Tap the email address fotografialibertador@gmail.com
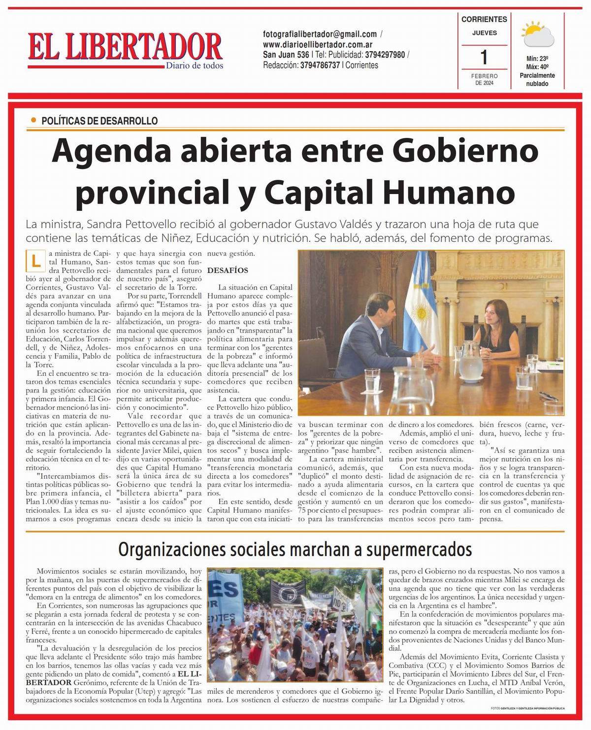pos(320,34)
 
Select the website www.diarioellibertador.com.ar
pos(318,44)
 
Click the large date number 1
pos(484,57)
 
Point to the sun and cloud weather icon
pos(537,34)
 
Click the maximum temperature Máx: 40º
pos(537,67)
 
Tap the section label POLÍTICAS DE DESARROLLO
pos(99,121)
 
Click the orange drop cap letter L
pos(35,261)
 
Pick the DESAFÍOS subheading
pos(228,270)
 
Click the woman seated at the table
pos(497,325)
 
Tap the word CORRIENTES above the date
pos(484,19)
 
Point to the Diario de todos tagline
pos(194,66)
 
